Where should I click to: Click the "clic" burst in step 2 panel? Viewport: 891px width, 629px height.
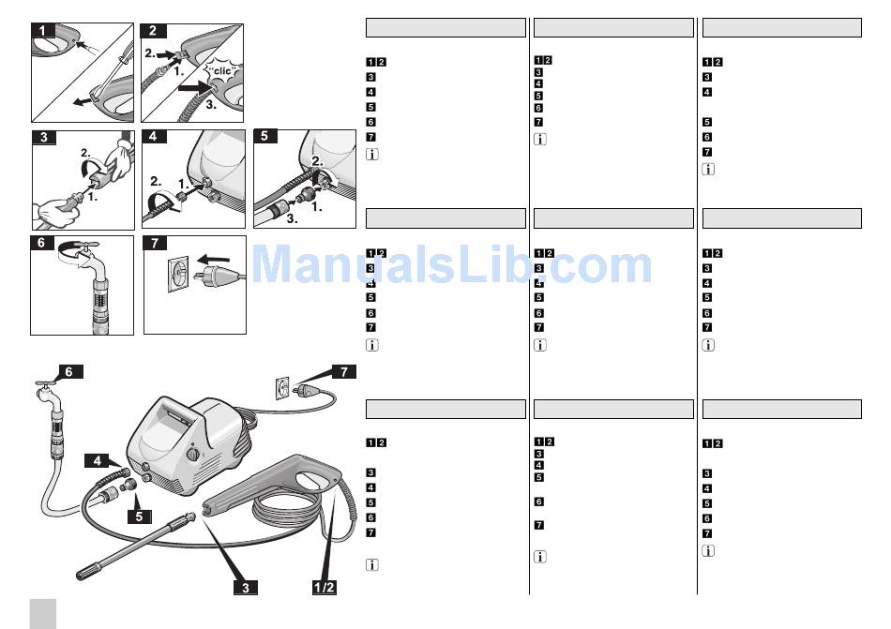(221, 71)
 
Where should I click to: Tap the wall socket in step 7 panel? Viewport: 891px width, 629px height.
(178, 274)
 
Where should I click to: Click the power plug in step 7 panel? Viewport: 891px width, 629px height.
(219, 276)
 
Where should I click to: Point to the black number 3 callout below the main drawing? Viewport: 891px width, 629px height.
(246, 587)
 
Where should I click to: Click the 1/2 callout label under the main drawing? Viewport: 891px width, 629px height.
(324, 587)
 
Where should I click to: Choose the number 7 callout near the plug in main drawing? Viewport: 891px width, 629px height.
(344, 372)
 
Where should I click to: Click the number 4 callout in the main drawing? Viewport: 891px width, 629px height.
(98, 460)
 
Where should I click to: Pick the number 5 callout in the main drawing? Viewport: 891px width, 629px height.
(139, 516)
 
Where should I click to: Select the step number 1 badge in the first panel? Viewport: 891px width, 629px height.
(42, 30)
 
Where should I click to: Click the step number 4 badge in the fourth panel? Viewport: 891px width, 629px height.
(154, 136)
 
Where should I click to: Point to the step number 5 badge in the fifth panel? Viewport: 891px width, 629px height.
(264, 136)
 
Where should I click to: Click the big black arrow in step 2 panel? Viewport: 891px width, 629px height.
(196, 88)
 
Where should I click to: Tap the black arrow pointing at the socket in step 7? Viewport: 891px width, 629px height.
(214, 260)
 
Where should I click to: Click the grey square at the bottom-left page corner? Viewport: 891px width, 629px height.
(43, 613)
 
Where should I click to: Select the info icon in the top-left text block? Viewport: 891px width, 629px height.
(371, 154)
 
